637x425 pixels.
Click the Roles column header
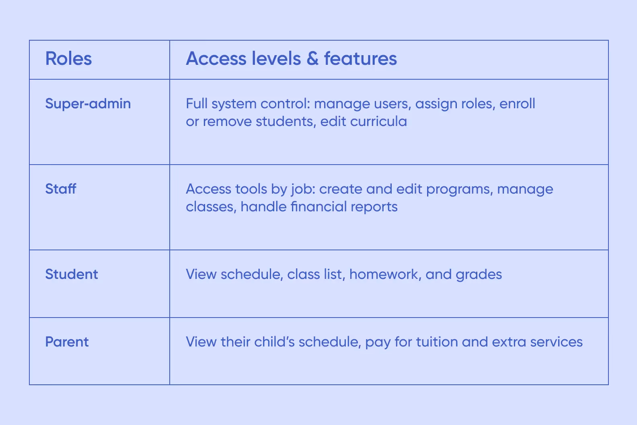click(x=68, y=59)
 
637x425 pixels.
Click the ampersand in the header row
click(x=312, y=59)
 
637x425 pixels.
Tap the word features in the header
click(x=360, y=59)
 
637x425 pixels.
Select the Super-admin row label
click(x=88, y=104)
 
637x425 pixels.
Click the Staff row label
click(x=61, y=189)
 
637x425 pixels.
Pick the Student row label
click(x=72, y=274)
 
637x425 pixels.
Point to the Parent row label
click(x=67, y=342)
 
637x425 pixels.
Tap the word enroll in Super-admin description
click(x=517, y=104)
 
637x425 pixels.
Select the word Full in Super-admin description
click(x=197, y=104)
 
